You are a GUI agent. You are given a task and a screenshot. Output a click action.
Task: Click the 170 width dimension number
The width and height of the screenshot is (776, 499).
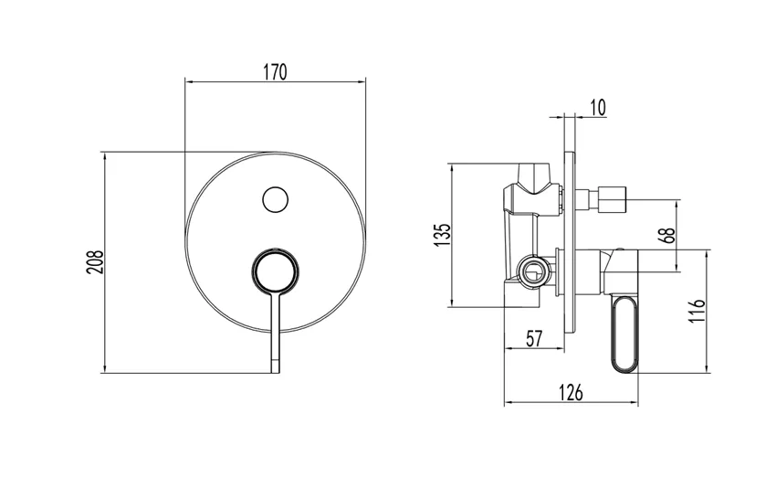pos(276,71)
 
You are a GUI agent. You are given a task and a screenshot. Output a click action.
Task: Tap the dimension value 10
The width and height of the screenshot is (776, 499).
pos(597,108)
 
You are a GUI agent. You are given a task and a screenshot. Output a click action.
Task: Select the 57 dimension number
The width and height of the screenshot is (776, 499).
pos(534,338)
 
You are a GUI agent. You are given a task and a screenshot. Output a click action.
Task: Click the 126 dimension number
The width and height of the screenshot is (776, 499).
pos(571,393)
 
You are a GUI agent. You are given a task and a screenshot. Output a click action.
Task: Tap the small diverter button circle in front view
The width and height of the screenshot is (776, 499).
pos(275,198)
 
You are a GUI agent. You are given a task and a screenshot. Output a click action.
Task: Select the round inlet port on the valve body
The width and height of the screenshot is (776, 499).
pos(531,270)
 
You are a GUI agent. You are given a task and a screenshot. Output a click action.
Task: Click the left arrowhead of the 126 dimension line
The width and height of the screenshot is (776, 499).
pos(508,403)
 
